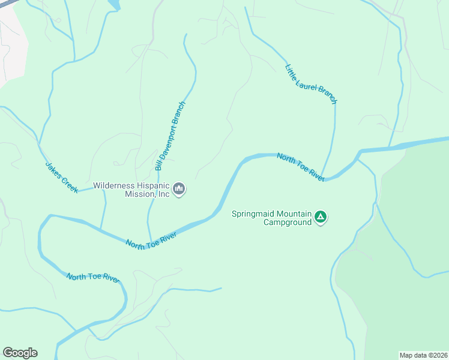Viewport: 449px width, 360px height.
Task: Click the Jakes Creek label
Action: point(61,177)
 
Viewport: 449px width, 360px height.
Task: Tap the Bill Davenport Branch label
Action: point(170,136)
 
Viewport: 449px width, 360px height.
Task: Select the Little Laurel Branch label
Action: point(310,84)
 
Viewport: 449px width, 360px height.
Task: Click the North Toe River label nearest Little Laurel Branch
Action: point(301,166)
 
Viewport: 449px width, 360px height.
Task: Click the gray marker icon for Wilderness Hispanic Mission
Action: point(179,190)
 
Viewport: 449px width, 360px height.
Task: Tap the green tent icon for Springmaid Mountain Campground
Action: point(321,217)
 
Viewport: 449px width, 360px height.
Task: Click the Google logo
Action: point(20,353)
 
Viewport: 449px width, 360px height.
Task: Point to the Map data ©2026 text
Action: point(423,355)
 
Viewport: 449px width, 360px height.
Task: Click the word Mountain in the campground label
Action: point(293,214)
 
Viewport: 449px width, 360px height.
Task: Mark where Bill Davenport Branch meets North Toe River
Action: point(150,239)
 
